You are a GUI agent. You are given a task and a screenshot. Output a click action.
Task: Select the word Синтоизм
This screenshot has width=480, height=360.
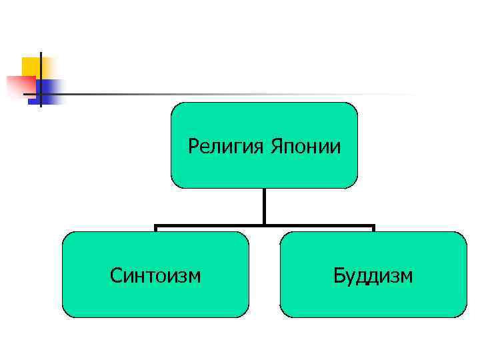click(x=155, y=275)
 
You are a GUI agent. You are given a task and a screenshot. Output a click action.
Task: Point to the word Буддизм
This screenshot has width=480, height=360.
click(x=373, y=275)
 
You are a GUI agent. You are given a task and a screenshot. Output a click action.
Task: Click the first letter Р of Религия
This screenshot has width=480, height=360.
click(x=193, y=145)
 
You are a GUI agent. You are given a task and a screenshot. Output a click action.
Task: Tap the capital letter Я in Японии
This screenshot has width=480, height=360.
click(x=275, y=145)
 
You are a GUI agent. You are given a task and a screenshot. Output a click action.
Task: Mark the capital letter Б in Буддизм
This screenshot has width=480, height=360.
click(x=339, y=275)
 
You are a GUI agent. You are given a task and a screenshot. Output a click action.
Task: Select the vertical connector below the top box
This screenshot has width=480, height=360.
click(x=265, y=207)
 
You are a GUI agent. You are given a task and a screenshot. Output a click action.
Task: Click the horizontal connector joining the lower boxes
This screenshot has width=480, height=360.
click(x=265, y=226)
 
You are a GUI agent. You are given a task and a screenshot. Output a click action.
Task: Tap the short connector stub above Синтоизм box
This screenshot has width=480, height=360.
click(x=155, y=229)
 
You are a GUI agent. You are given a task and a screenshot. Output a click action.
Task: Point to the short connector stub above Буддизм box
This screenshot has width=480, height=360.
click(x=373, y=229)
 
